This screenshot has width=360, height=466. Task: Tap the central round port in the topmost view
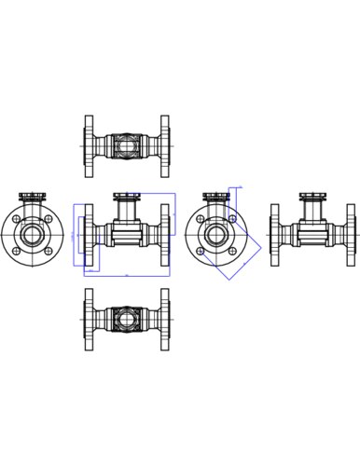pyautogui.click(x=128, y=145)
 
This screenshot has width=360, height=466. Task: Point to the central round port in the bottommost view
pyautogui.click(x=128, y=318)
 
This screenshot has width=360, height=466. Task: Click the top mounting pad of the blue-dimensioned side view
pyautogui.click(x=128, y=196)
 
